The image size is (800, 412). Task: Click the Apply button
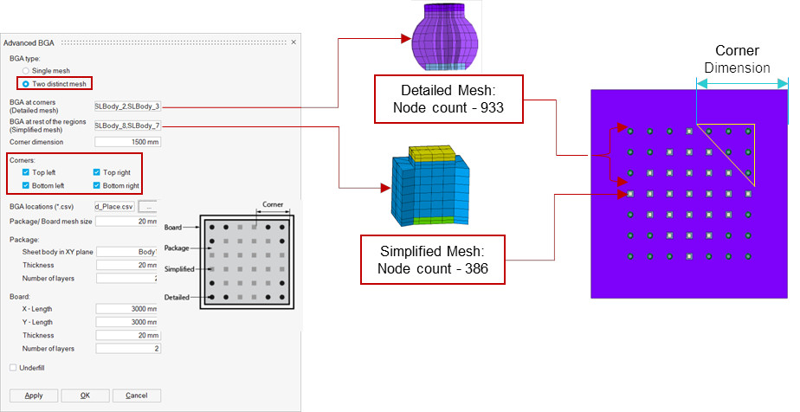[x=34, y=396]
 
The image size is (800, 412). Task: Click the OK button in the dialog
[x=85, y=396]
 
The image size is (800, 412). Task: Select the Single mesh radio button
[x=26, y=70]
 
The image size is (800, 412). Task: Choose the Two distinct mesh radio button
[x=26, y=83]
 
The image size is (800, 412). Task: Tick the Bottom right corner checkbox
[x=96, y=185]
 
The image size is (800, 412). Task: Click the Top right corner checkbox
[x=96, y=172]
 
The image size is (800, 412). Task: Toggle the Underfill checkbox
[x=13, y=368]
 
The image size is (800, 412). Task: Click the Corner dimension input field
[x=127, y=142]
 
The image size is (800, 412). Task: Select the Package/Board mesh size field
[x=127, y=222]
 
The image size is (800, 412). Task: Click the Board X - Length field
[x=127, y=308]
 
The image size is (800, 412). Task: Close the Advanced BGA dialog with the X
[x=293, y=42]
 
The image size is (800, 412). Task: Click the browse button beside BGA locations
[x=150, y=207]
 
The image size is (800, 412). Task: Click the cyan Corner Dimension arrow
[x=742, y=84]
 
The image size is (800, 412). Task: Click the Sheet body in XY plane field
[x=127, y=252]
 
